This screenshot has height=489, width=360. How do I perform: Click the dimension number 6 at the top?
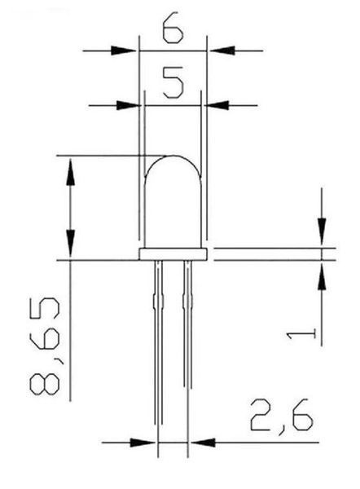coord(173,27)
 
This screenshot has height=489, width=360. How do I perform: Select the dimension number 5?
coord(173,82)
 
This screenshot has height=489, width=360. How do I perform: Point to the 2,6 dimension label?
coord(282,416)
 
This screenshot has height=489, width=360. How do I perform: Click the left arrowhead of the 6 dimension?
coord(124,51)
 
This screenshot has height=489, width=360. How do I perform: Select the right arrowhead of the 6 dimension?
coord(222,51)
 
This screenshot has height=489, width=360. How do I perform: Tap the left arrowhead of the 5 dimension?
coord(129,105)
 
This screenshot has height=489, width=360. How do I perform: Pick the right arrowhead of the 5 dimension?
coord(217,105)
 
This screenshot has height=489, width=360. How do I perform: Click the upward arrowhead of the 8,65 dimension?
coord(70,172)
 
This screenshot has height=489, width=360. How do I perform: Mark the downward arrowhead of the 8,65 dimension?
coord(70,243)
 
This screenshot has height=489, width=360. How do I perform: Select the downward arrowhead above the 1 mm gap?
coord(322,231)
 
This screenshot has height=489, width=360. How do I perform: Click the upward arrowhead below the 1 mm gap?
coord(322,277)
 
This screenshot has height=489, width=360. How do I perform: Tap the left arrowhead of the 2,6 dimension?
coord(143,443)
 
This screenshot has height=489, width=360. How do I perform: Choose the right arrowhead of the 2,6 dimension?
coord(203,443)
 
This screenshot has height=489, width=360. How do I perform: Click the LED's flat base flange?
coord(173,254)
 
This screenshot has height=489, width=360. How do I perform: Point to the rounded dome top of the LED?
coord(173,156)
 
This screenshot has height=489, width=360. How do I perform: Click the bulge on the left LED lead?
coord(158,301)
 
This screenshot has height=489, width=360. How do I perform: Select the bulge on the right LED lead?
coord(187,301)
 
